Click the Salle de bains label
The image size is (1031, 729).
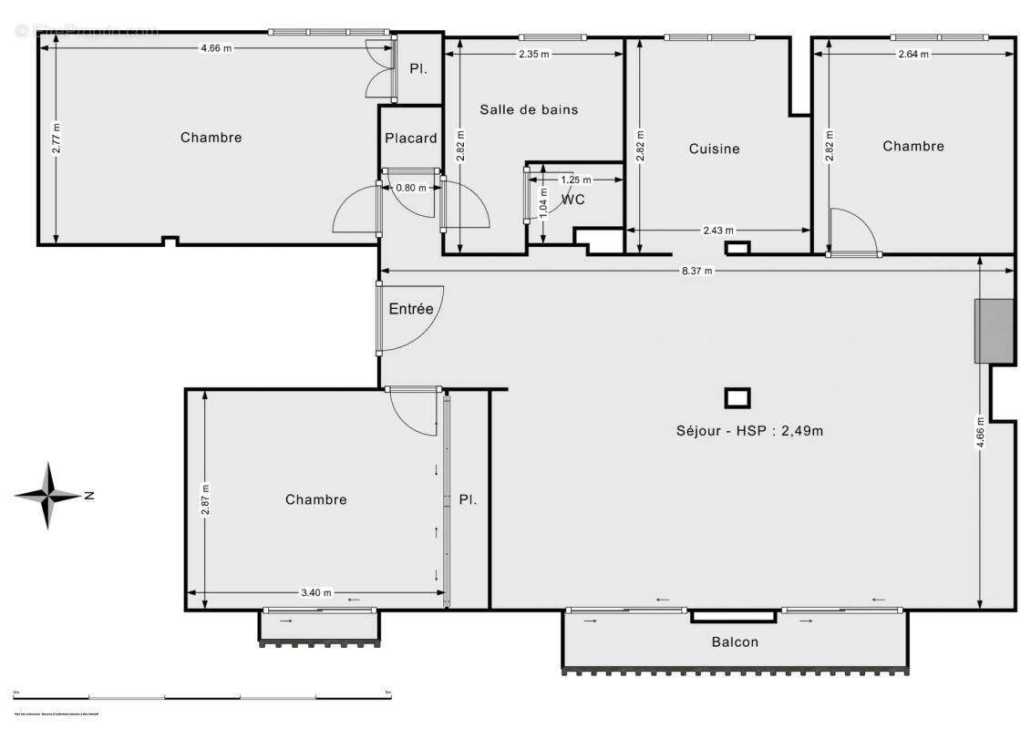[529, 109]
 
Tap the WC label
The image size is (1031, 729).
[572, 200]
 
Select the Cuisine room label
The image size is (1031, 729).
[714, 149]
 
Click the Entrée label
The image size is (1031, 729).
[411, 309]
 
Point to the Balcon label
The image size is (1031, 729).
[735, 642]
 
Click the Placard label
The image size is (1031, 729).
[410, 139]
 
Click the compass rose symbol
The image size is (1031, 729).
[49, 496]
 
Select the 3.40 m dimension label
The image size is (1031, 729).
[315, 592]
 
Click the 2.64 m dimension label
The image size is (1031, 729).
[912, 54]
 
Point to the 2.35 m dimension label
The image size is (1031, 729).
[534, 54]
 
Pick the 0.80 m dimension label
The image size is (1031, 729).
[410, 188]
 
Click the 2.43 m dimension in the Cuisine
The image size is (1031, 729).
[717, 231]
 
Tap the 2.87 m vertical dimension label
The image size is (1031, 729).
[205, 499]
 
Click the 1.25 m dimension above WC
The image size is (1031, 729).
[575, 180]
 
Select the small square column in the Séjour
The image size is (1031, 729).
[737, 398]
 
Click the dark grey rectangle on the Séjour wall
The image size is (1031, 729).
[994, 331]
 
